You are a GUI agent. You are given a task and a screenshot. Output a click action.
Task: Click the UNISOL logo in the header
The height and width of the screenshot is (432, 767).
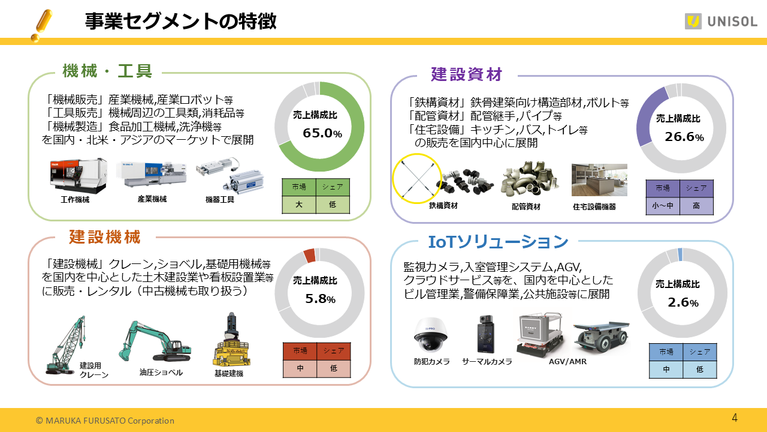721,22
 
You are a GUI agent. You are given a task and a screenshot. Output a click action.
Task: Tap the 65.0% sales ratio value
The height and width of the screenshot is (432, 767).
322,133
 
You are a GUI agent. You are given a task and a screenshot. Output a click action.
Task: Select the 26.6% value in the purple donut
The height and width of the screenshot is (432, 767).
684,137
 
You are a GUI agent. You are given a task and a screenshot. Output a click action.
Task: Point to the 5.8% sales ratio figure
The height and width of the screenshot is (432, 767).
320,299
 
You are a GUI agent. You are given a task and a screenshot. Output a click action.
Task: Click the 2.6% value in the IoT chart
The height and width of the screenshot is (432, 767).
683,303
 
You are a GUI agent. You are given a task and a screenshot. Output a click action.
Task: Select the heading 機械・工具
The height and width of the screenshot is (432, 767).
107,71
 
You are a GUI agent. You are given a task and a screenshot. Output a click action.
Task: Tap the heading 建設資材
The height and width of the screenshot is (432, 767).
466,74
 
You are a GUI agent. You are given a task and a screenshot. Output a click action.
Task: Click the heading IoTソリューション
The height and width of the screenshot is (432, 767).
497,242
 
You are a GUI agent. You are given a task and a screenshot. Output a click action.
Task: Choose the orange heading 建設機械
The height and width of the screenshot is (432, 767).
104,237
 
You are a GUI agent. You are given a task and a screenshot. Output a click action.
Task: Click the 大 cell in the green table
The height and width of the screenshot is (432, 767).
298,205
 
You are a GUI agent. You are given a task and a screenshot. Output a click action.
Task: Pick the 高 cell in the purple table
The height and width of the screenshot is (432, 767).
696,206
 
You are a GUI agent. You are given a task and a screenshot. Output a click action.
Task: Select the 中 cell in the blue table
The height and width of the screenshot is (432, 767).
666,370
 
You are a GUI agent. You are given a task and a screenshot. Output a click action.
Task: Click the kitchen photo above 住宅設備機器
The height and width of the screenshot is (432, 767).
599,179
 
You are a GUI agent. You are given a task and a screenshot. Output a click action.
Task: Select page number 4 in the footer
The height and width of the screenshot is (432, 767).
735,418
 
